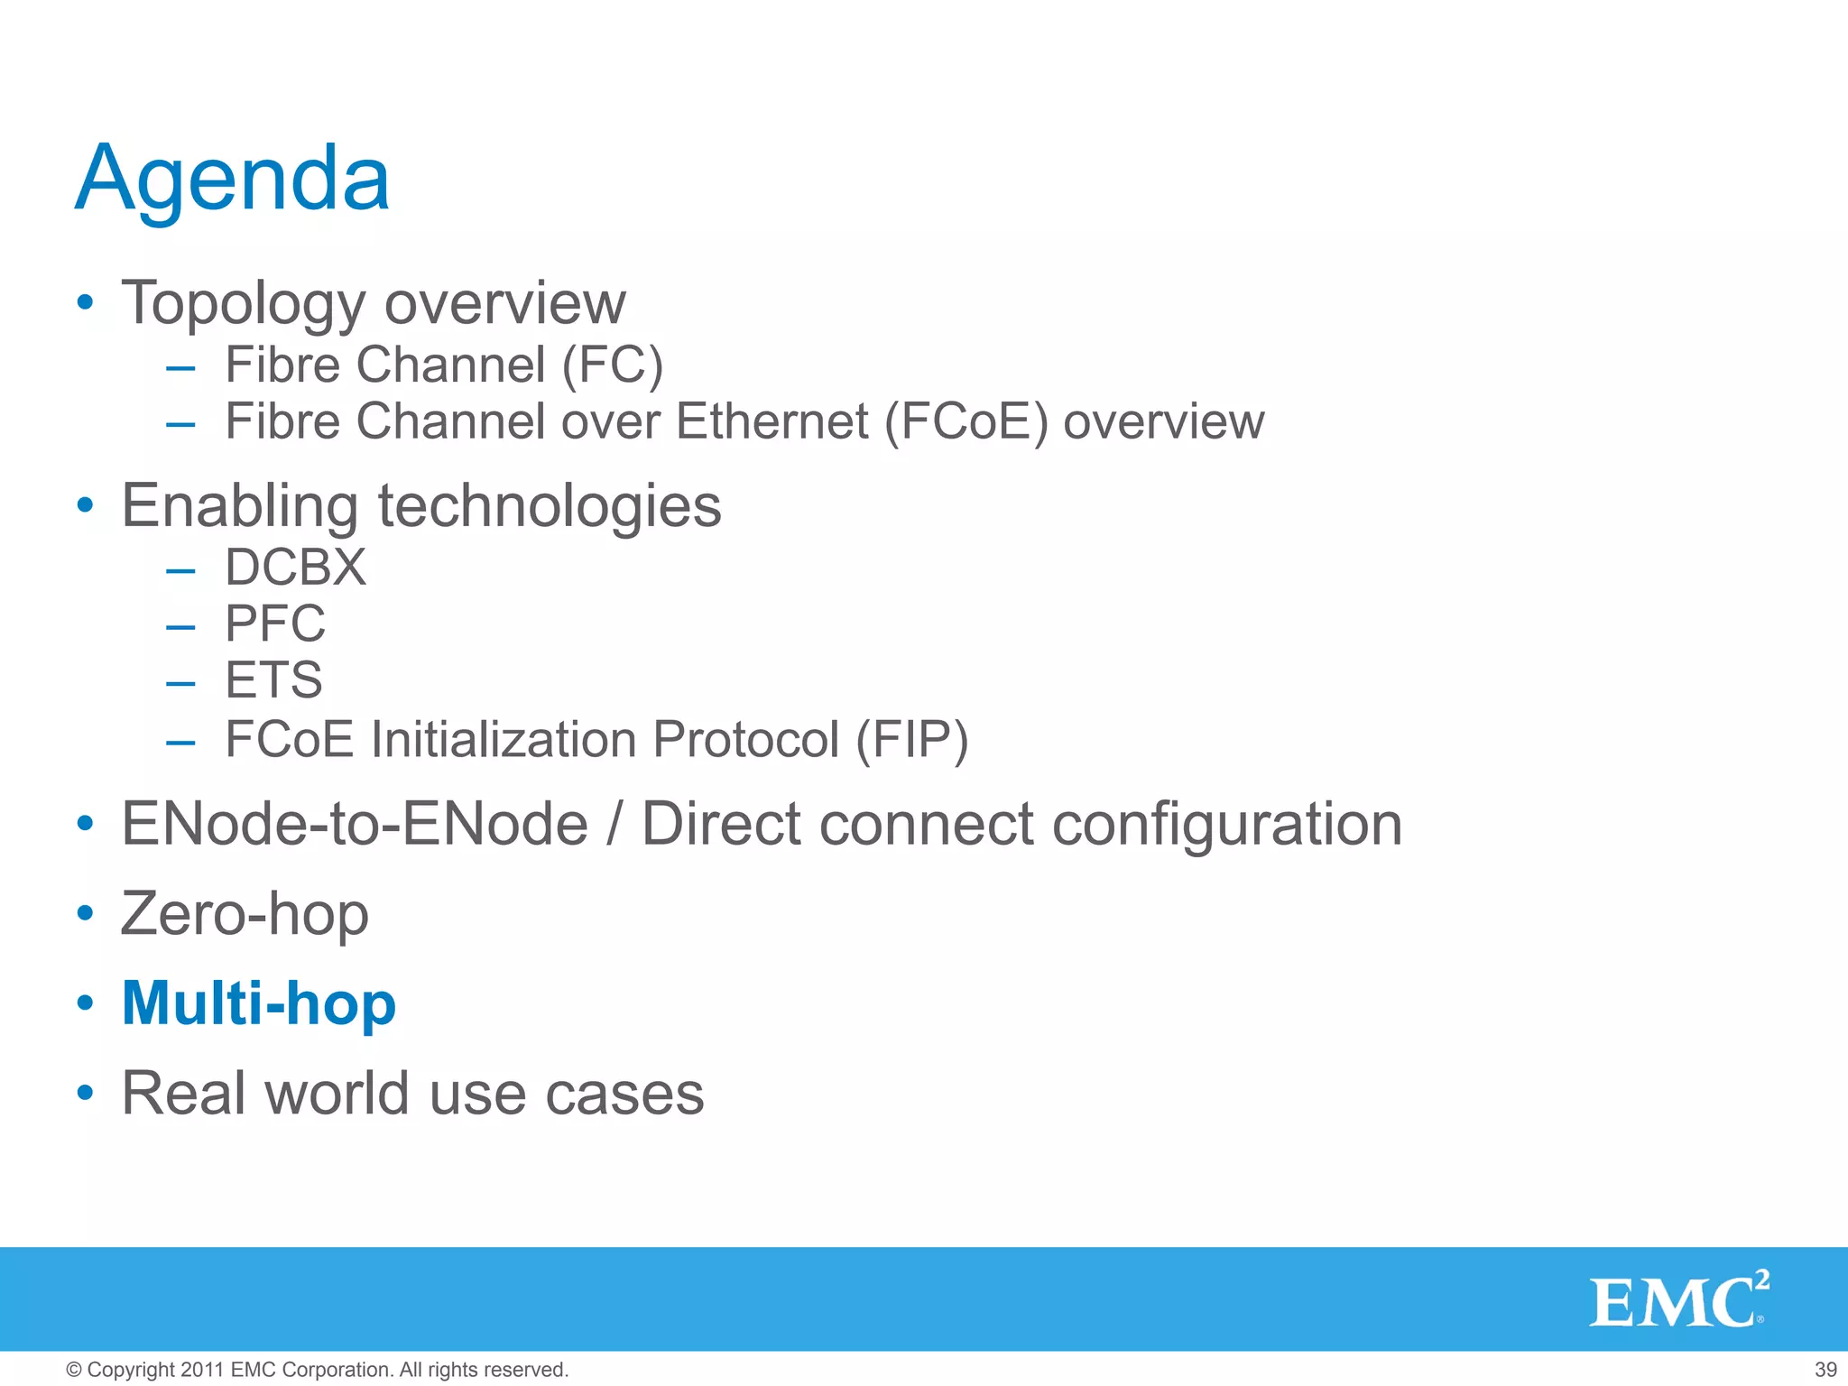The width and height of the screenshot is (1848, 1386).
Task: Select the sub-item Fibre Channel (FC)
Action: (444, 365)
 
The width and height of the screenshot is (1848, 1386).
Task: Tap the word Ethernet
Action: (772, 421)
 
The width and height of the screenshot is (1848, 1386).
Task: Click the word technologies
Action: (549, 505)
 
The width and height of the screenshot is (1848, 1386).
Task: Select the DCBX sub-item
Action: (295, 568)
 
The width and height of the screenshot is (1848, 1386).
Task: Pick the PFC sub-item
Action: (274, 624)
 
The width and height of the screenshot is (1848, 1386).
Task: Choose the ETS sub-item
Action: (273, 679)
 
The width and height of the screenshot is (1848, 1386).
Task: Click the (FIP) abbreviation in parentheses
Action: (911, 740)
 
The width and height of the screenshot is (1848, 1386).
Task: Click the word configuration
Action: (1226, 824)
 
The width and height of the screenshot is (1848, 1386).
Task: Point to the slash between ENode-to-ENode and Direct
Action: (614, 824)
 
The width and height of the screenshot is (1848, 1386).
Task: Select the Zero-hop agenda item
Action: (245, 914)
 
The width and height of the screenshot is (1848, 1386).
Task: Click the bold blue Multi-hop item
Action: (259, 1003)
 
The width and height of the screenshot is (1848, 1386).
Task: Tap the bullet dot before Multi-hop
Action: (85, 1003)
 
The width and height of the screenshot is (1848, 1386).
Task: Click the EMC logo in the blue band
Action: (1677, 1300)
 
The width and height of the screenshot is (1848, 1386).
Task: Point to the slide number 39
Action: (1825, 1370)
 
